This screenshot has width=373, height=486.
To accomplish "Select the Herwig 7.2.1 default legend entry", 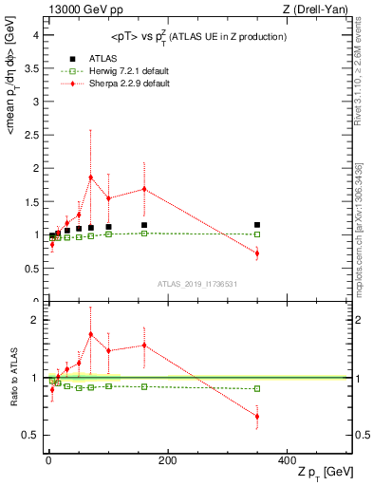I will click(x=105, y=71).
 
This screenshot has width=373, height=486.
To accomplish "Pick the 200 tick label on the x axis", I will click(x=167, y=459).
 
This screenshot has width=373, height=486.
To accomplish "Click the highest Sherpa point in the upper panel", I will click(x=91, y=177).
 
